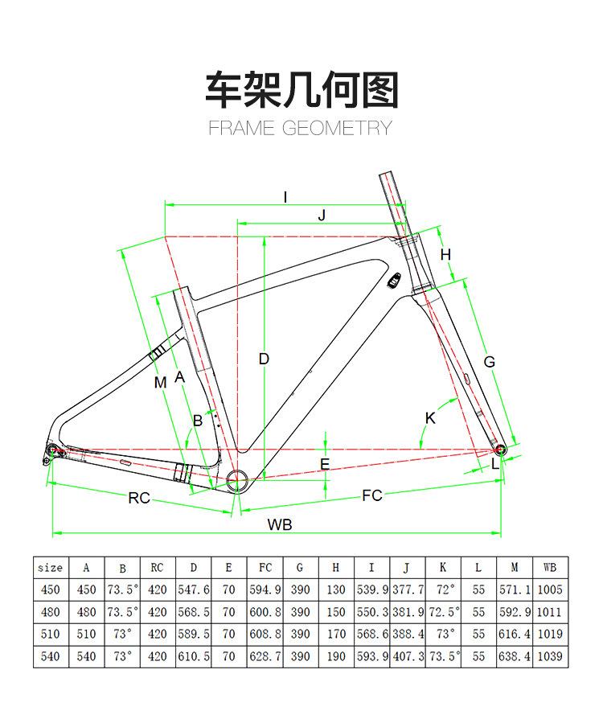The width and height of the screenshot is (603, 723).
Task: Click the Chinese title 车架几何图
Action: tap(301, 89)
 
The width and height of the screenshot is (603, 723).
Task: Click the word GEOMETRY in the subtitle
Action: tap(337, 128)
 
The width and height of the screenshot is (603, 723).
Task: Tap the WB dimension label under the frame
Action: tap(280, 525)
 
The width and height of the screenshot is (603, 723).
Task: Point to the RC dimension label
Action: tap(139, 498)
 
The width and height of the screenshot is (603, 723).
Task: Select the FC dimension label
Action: tap(371, 495)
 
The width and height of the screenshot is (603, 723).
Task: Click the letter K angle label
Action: tap(430, 417)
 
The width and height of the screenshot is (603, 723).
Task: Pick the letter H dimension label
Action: tap(446, 255)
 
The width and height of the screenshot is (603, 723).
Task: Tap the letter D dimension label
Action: tap(264, 359)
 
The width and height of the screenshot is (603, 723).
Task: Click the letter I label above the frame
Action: tap(285, 196)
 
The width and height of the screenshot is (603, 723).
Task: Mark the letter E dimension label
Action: tap(325, 464)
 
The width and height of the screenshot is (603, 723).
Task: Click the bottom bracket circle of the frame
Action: tap(238, 481)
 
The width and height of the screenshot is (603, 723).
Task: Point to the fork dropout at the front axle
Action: tap(501, 448)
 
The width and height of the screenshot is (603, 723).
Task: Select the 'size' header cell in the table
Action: tap(51, 567)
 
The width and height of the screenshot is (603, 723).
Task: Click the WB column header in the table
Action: tap(549, 567)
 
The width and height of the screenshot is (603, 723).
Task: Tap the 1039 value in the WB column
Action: tap(549, 656)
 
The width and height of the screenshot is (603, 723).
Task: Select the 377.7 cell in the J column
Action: tap(408, 589)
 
